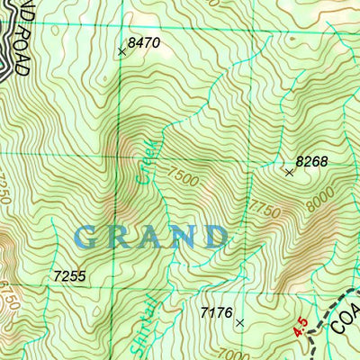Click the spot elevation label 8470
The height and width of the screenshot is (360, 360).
144,41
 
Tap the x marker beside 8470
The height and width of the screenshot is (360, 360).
122,51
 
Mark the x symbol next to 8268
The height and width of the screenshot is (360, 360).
289,171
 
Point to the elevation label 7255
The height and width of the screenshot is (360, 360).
69,276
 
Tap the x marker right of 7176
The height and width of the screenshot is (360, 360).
239,321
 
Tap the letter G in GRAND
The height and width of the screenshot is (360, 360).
88,237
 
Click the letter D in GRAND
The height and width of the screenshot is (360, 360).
213,237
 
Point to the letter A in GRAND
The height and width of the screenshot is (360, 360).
148,237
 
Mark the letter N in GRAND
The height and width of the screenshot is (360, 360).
180,237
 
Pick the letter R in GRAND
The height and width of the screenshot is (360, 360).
119,237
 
